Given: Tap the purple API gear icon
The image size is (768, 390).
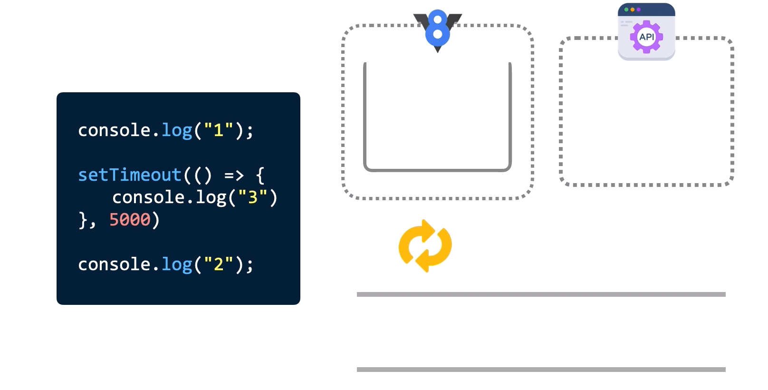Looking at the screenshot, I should [646, 37].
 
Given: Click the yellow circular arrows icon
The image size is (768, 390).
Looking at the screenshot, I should [425, 246].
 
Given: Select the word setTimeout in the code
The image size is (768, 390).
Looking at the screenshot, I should [129, 175].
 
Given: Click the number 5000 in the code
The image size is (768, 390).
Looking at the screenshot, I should [129, 220].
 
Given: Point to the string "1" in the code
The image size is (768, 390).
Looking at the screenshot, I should [218, 130].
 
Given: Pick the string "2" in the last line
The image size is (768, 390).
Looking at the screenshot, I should [218, 264].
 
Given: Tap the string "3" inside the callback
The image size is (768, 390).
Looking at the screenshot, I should [252, 197].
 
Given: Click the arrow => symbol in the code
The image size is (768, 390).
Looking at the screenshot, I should [234, 175].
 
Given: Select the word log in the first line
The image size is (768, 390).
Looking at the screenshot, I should [177, 130].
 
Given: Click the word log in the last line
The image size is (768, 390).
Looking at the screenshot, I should [177, 264].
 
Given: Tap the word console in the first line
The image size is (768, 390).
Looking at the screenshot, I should [114, 130].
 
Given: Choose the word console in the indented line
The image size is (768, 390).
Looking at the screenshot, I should [148, 197].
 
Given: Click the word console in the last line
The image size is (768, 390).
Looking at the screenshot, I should [114, 264].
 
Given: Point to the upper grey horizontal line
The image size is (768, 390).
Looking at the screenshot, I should [541, 294].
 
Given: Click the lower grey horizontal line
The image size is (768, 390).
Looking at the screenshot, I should [541, 370].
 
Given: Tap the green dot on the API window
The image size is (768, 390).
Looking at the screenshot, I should [626, 10].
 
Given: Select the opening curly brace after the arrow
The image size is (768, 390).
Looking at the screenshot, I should [260, 175].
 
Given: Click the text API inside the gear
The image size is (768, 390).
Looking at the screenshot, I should [646, 37].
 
